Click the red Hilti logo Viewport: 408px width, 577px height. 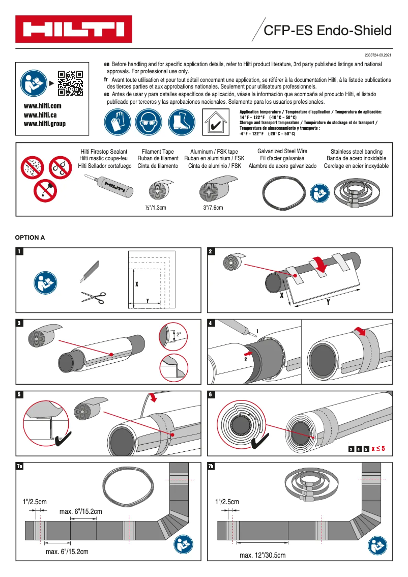74,30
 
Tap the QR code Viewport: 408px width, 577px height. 70,82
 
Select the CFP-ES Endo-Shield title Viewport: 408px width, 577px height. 328,31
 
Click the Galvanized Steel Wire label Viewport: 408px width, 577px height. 282,152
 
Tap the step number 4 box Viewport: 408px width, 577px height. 211,323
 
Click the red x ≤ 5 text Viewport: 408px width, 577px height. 378,449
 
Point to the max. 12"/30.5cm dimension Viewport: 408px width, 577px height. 263,555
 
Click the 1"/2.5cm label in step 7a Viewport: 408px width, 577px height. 35,501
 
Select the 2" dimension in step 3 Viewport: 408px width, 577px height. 179,335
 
